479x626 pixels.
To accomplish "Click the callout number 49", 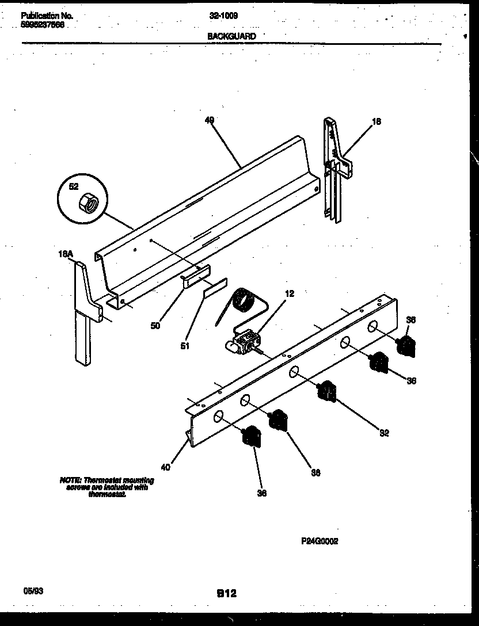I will [209, 120].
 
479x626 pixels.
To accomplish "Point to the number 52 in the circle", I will [73, 186].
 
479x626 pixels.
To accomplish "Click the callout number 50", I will [155, 326].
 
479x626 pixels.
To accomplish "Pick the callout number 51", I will [184, 346].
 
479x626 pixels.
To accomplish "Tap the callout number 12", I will [290, 293].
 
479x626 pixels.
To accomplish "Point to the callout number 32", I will [383, 433].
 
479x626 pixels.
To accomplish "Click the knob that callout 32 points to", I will [326, 391].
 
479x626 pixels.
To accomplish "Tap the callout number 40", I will [165, 467].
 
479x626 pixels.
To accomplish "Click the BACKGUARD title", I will [231, 36].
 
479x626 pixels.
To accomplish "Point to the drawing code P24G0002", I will [319, 541].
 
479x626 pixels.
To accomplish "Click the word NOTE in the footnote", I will [70, 480].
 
